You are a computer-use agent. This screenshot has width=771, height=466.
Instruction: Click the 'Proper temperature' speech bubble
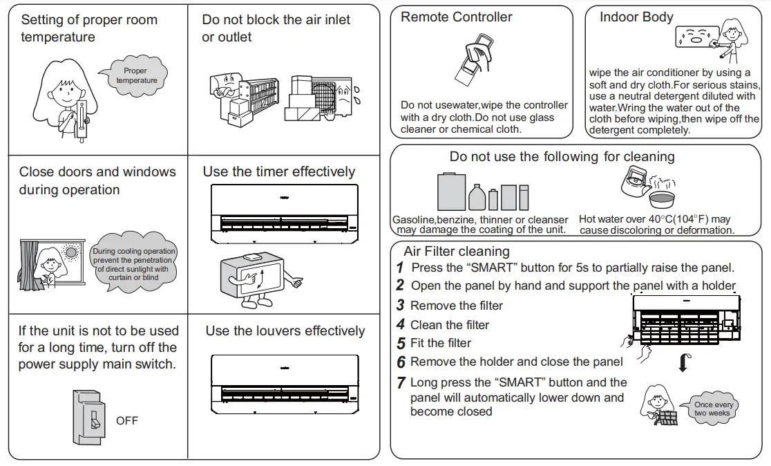tap(135, 75)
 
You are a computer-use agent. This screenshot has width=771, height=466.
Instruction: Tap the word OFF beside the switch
tap(127, 420)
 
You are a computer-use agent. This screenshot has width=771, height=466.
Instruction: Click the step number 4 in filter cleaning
tap(401, 325)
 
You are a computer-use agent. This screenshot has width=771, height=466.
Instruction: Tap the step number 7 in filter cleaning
tap(401, 382)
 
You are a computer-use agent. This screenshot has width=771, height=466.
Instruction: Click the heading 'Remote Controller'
tap(457, 17)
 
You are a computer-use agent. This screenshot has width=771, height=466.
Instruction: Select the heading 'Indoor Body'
tap(636, 17)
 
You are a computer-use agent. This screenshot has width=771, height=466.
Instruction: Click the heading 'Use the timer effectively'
tap(278, 171)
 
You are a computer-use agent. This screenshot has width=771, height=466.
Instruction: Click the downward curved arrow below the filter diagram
tap(683, 361)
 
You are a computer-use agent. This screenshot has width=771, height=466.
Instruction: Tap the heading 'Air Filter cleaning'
tap(456, 251)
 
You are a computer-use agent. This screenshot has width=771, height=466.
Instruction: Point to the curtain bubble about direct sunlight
tap(133, 264)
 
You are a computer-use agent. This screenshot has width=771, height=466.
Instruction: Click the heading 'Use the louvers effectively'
tap(285, 331)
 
